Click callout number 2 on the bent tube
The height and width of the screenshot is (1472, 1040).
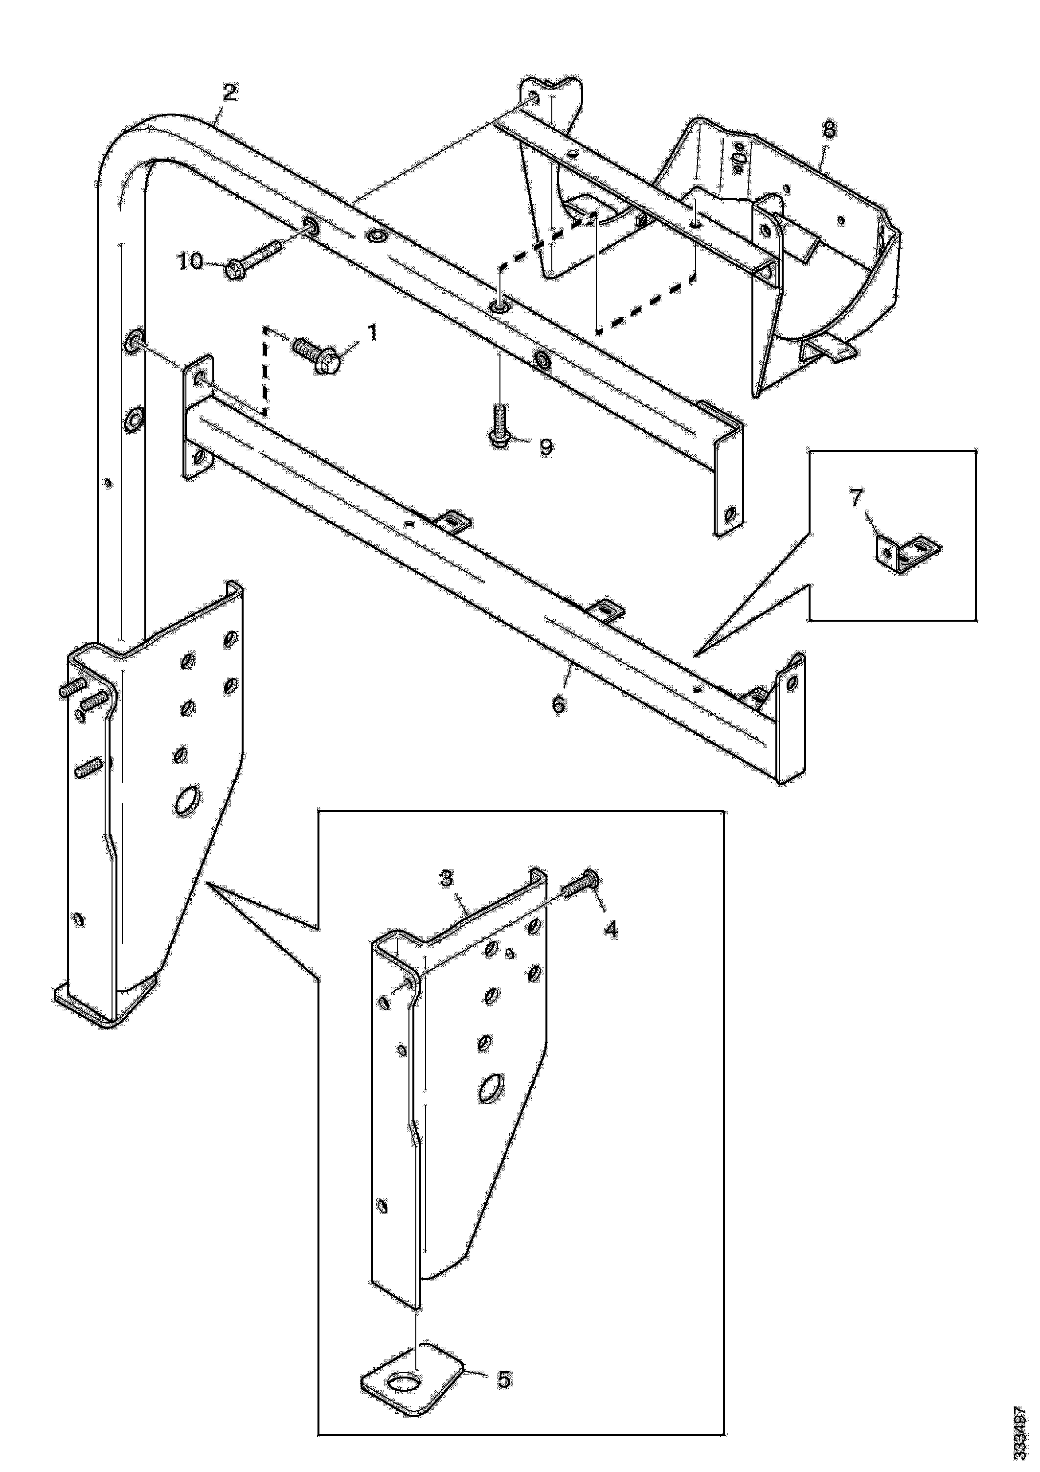229,93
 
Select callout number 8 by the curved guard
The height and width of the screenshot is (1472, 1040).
829,130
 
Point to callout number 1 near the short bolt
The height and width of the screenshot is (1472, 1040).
372,332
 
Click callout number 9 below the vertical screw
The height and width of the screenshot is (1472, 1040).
546,447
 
